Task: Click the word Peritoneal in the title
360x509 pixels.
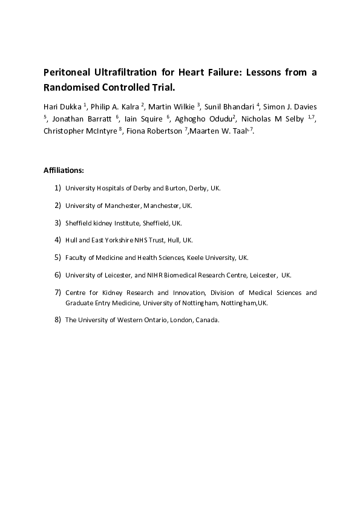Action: point(67,73)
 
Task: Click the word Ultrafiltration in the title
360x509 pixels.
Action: point(125,73)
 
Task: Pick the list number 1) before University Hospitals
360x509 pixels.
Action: point(57,188)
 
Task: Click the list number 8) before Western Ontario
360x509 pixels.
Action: point(57,320)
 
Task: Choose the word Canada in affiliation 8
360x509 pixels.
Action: point(206,320)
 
